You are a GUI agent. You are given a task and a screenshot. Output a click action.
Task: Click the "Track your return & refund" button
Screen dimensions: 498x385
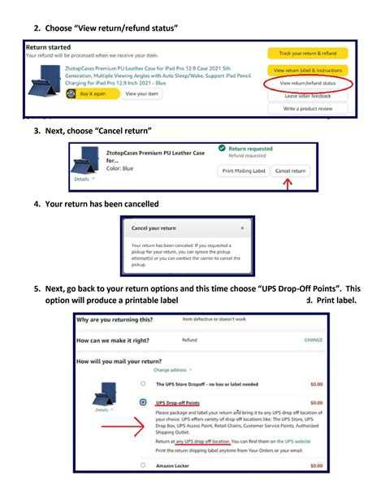[307, 54]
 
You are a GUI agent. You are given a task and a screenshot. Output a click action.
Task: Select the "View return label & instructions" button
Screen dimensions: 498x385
[307, 71]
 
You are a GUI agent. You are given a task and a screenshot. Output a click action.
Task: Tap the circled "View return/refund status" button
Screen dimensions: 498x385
[307, 83]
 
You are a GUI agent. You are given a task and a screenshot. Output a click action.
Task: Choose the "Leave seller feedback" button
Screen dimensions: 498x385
[307, 96]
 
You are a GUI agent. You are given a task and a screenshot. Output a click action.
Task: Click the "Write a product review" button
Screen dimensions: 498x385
[307, 109]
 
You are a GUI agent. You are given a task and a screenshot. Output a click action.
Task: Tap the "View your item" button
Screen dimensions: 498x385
[142, 93]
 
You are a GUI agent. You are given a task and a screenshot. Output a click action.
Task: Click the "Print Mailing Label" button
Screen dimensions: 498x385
[244, 171]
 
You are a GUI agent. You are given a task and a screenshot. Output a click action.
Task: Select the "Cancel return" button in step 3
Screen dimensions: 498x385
[290, 171]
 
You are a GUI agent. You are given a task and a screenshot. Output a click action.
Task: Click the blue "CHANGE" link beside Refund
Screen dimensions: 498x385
[313, 340]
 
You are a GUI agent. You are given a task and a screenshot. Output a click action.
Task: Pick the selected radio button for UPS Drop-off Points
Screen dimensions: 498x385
[144, 402]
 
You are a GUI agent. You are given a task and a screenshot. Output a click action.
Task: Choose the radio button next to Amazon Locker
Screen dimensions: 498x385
[144, 466]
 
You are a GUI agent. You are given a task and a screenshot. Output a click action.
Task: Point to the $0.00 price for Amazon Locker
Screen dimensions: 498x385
[316, 466]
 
